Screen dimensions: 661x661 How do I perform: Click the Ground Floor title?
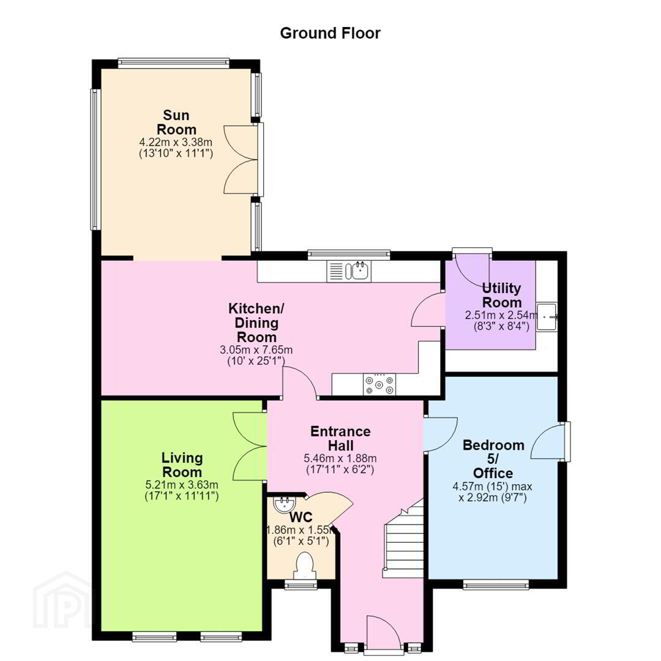(x=330, y=33)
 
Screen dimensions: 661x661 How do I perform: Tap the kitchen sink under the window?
(x=349, y=271)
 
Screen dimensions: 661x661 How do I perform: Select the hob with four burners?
(x=379, y=384)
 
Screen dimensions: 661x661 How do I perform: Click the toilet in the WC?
(x=304, y=566)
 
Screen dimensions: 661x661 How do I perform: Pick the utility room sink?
(x=547, y=316)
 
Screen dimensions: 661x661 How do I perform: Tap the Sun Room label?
(x=176, y=122)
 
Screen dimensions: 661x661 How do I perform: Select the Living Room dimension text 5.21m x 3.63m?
(x=182, y=485)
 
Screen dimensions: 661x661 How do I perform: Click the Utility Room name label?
(x=502, y=295)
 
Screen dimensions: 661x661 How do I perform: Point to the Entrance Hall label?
(x=341, y=438)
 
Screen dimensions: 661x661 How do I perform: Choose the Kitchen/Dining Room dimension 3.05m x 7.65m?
(x=256, y=350)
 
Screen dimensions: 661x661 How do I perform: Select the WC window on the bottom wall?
(x=301, y=584)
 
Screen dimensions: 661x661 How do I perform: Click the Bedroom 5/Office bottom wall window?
(x=496, y=584)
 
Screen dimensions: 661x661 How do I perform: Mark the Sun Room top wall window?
(x=174, y=63)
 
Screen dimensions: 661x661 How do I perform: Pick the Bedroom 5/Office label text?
(x=494, y=459)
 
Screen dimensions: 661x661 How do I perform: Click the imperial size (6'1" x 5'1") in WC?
(x=301, y=541)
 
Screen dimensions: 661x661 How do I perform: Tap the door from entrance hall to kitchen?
(x=300, y=382)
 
